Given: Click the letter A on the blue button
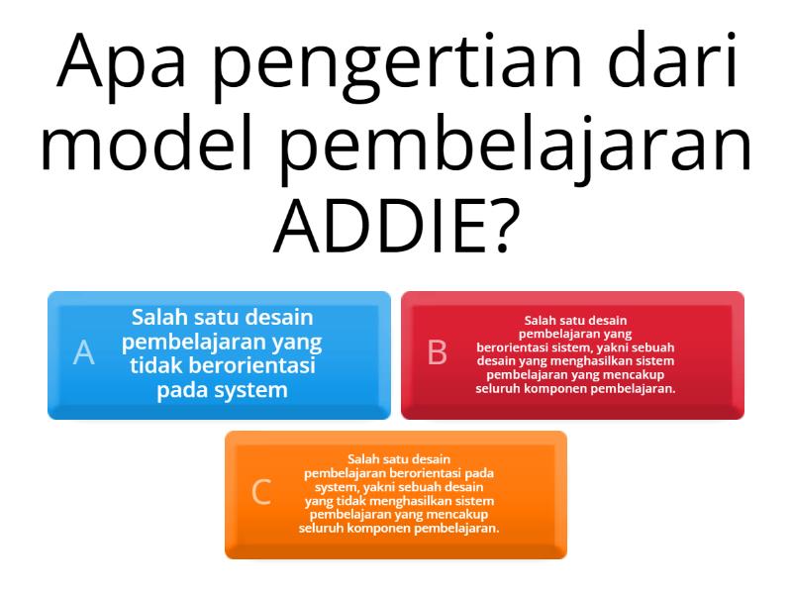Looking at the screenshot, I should pos(84,352).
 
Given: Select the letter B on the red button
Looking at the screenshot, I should pos(437,352).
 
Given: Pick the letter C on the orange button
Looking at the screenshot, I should pos(261,492).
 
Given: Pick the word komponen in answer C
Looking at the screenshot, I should pos(390,529).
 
